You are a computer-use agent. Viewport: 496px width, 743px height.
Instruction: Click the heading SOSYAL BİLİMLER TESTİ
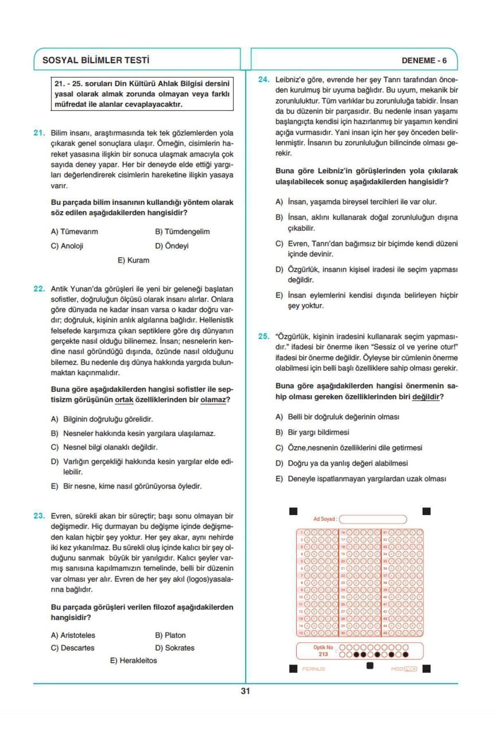pyautogui.click(x=95, y=60)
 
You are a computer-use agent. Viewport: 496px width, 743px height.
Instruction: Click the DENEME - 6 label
pyautogui.click(x=424, y=61)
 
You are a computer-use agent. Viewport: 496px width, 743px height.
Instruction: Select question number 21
pyautogui.click(x=39, y=133)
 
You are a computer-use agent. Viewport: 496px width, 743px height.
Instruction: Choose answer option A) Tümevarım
pyautogui.click(x=74, y=232)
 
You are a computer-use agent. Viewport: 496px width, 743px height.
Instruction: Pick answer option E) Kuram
pyautogui.click(x=134, y=260)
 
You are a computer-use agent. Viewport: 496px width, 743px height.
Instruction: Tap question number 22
pyautogui.click(x=39, y=289)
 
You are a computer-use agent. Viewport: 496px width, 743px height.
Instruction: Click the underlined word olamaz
pyautogui.click(x=213, y=400)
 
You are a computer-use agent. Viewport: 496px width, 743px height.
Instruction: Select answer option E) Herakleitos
pyautogui.click(x=134, y=660)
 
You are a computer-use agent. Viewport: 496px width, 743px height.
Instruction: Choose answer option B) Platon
pyautogui.click(x=170, y=635)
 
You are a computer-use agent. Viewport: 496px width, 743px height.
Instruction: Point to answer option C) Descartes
pyautogui.click(x=73, y=648)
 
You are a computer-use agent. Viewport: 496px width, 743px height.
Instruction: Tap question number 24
pyautogui.click(x=264, y=80)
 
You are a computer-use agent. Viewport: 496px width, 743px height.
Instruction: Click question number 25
pyautogui.click(x=264, y=336)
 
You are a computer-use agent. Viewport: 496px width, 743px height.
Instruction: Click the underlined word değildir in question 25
pyautogui.click(x=425, y=397)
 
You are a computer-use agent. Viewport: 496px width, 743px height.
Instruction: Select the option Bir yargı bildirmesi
pyautogui.click(x=318, y=433)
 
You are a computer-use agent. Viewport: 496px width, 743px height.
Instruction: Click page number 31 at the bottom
pyautogui.click(x=245, y=691)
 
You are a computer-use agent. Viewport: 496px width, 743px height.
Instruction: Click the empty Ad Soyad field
pyautogui.click(x=373, y=519)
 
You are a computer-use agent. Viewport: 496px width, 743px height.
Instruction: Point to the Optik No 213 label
pyautogui.click(x=323, y=651)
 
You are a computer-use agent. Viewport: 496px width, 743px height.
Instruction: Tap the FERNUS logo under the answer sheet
pyautogui.click(x=313, y=669)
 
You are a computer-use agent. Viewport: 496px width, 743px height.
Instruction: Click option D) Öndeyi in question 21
pyautogui.click(x=172, y=246)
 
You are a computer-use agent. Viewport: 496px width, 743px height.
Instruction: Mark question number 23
pyautogui.click(x=39, y=516)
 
